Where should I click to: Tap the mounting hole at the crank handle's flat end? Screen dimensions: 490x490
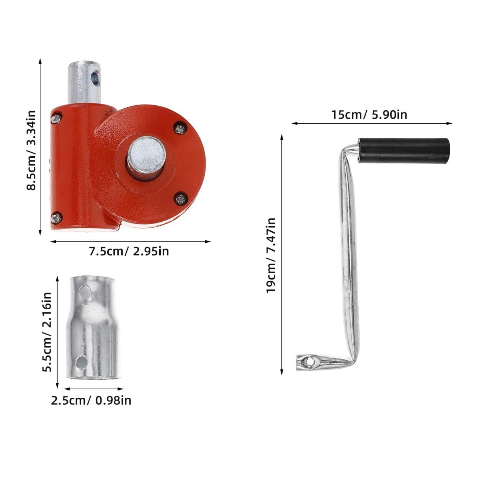[x=309, y=361]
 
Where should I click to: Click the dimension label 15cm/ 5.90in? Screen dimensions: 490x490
[x=369, y=115]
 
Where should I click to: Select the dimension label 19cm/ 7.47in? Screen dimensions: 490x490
[x=271, y=255]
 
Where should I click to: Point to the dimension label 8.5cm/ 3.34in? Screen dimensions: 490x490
[x=31, y=150]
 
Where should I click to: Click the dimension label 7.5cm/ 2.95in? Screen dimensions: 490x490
[x=129, y=252]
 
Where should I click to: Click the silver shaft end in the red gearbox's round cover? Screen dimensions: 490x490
[x=146, y=158]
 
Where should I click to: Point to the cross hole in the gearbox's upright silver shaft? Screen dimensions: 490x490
[x=96, y=78]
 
